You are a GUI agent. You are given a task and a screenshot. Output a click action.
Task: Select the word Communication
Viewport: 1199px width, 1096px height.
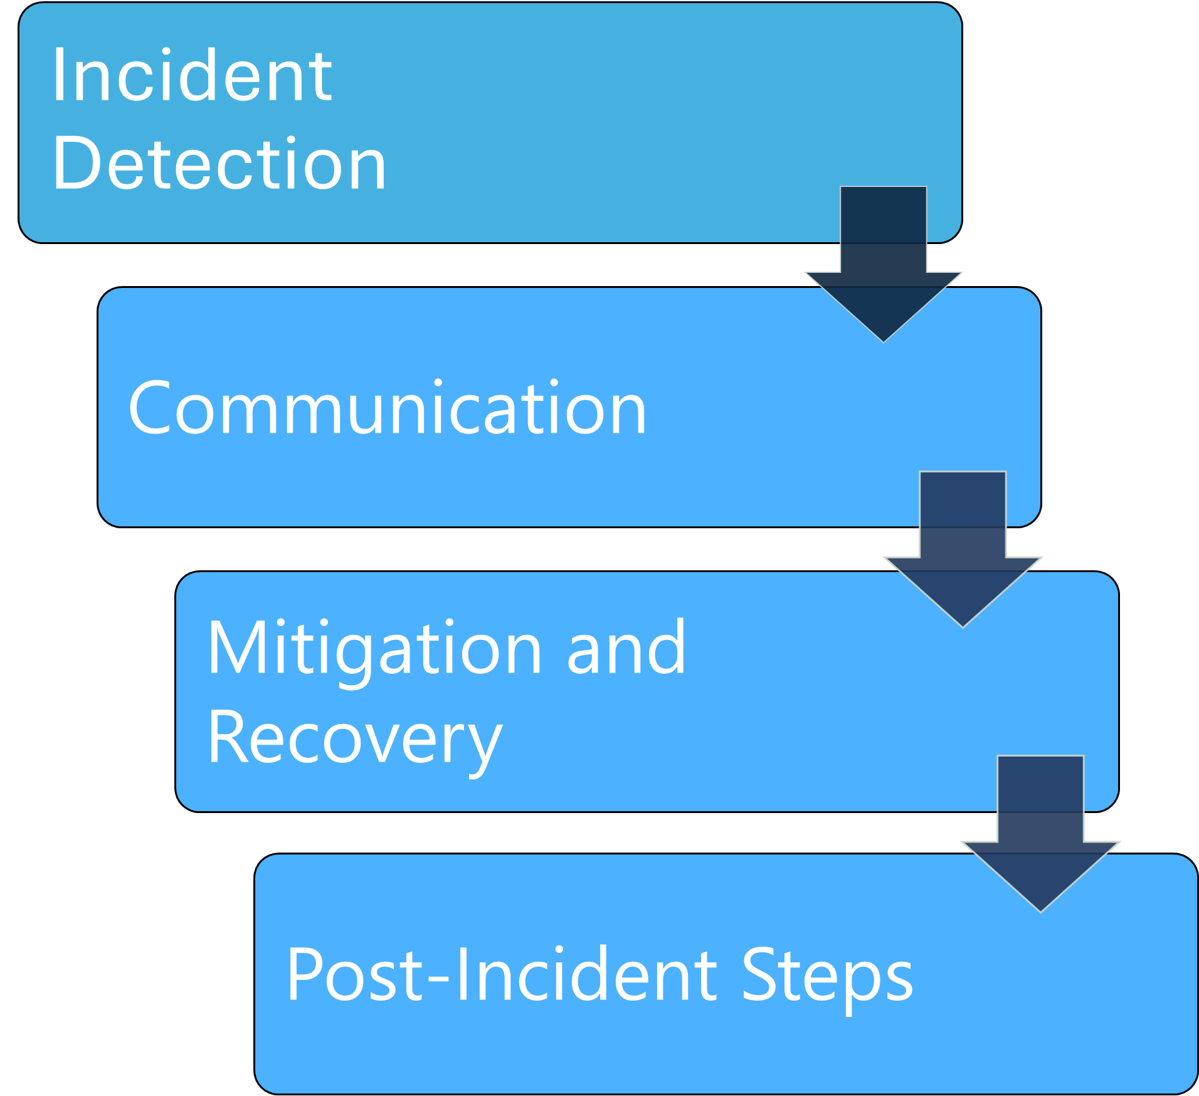(x=387, y=409)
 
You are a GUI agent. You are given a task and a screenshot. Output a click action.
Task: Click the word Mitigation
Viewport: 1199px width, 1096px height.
(x=374, y=649)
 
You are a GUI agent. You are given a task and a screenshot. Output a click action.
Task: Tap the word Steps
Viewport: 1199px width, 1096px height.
(x=827, y=975)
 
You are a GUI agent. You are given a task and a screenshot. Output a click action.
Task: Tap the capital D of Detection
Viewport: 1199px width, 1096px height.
(x=74, y=163)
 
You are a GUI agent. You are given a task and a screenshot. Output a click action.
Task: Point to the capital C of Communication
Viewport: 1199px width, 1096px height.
(x=149, y=408)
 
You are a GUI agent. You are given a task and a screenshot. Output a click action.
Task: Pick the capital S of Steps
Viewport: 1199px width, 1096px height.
(x=760, y=974)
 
